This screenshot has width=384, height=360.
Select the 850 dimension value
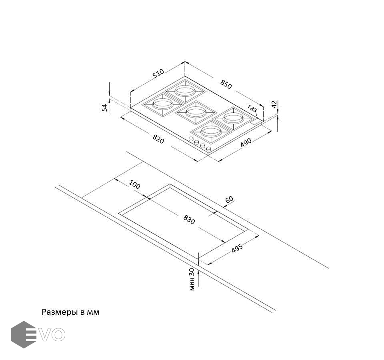point(226,84)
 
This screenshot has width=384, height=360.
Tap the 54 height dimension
point(105,107)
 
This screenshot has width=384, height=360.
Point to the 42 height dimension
point(274,104)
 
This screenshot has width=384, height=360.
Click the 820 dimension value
point(158,140)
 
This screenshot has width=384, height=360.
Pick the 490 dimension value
point(246,142)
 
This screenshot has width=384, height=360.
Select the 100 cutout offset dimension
point(135,185)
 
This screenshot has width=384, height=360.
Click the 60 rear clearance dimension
point(229,200)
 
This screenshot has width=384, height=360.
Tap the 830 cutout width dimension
point(189,219)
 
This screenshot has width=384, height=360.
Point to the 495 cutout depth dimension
point(238,249)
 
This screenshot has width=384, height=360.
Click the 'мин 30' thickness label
point(192,279)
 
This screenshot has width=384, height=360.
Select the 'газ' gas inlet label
point(252,108)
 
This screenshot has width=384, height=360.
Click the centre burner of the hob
point(195,112)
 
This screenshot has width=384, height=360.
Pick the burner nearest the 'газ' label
point(234,118)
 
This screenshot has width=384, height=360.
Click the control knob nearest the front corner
point(209,149)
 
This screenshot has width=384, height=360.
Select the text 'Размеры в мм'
point(70,312)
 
